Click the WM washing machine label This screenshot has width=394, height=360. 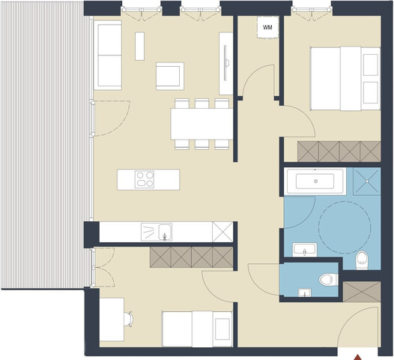tap(267, 28)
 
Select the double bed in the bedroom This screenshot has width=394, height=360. tap(345, 78)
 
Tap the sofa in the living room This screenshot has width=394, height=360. tap(108, 55)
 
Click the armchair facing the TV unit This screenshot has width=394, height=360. tap(169, 76)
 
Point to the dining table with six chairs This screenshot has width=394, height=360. tap(201, 124)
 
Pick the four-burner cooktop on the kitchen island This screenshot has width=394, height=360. tap(145, 179)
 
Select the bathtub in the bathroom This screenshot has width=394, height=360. tap(315, 181)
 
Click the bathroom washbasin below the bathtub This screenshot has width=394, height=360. tap(303, 249)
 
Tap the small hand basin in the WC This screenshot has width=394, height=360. tap(304, 292)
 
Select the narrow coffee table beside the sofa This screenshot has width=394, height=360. tap(139, 46)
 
